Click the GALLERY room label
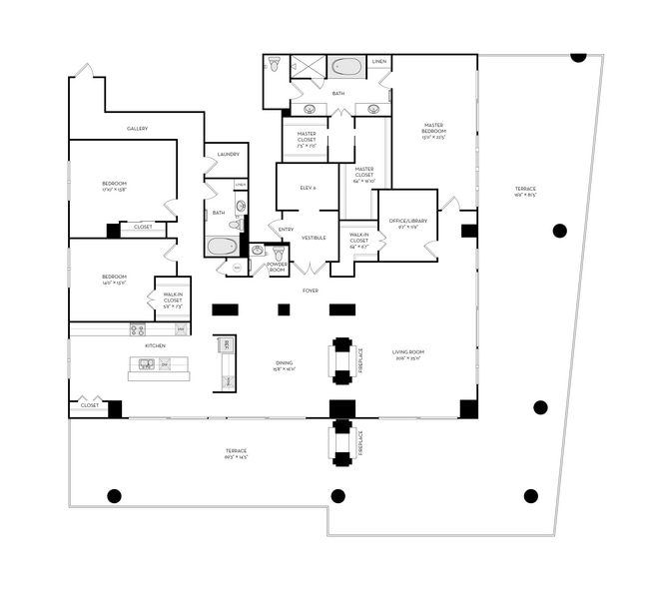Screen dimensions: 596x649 click(x=137, y=129)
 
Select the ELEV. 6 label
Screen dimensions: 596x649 click(x=308, y=188)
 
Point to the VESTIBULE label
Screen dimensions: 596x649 click(x=314, y=238)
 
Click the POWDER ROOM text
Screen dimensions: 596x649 click(x=277, y=267)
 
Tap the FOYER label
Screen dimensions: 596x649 click(x=311, y=291)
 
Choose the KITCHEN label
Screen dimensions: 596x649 click(x=155, y=345)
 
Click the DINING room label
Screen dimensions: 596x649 click(x=285, y=365)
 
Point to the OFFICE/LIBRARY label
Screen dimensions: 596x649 click(x=407, y=222)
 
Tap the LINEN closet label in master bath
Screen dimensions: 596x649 click(x=379, y=62)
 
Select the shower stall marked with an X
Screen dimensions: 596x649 click(x=308, y=67)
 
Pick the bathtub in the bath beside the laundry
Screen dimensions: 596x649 click(x=222, y=246)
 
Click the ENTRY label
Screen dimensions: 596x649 click(x=286, y=230)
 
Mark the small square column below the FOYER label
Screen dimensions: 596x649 click(x=284, y=309)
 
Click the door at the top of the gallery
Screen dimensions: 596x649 click(x=85, y=71)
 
